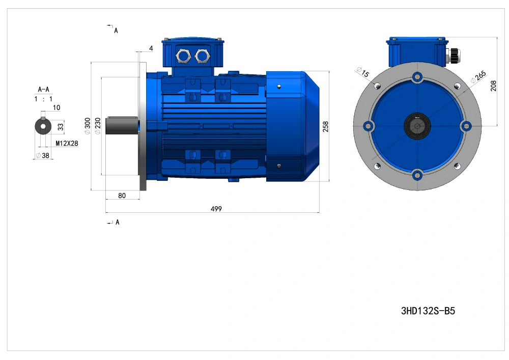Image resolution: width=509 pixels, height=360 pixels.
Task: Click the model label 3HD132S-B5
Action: click(x=428, y=311)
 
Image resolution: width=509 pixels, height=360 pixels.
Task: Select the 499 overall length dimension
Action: click(x=216, y=209)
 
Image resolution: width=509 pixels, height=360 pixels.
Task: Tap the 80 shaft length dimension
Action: click(x=122, y=196)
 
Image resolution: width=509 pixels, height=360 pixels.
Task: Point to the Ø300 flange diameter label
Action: click(x=88, y=126)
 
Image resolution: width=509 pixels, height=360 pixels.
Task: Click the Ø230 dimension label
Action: click(x=98, y=126)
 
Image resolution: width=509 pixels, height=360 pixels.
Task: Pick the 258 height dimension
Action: click(x=326, y=126)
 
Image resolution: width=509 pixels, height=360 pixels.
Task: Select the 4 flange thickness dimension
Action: click(x=151, y=48)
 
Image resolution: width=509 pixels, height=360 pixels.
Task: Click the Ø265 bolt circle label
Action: click(x=478, y=77)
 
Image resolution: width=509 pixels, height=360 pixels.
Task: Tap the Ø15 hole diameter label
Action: click(x=363, y=72)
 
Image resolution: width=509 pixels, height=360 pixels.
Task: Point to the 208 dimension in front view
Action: click(x=493, y=86)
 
